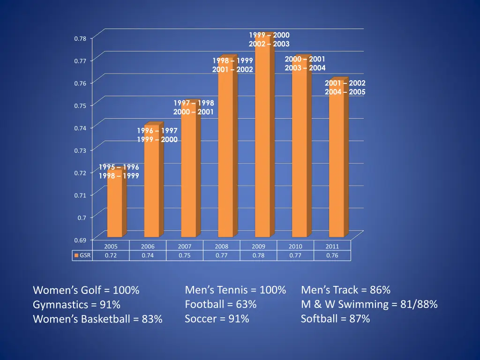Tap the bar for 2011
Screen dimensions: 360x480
coord(336,159)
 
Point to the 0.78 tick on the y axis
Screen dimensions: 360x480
coord(80,38)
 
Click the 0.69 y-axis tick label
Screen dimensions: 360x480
coord(80,240)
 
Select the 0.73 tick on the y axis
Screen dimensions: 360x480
coord(80,150)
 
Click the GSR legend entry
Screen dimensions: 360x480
coord(82,255)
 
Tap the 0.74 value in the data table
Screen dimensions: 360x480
coord(148,255)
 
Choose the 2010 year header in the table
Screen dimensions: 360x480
coord(295,246)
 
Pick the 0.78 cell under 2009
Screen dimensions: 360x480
coord(258,255)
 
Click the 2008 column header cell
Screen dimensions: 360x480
coord(221,246)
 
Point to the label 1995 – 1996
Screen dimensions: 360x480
coord(119,167)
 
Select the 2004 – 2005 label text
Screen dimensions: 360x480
coord(345,92)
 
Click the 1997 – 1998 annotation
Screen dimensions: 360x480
coord(194,103)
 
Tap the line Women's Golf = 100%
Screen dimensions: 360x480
coord(86,291)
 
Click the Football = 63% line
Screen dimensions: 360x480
coord(221,304)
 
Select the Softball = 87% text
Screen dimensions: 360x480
coord(336,319)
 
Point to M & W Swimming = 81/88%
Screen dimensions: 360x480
coord(369,304)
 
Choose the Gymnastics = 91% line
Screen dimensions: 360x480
coord(77,305)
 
